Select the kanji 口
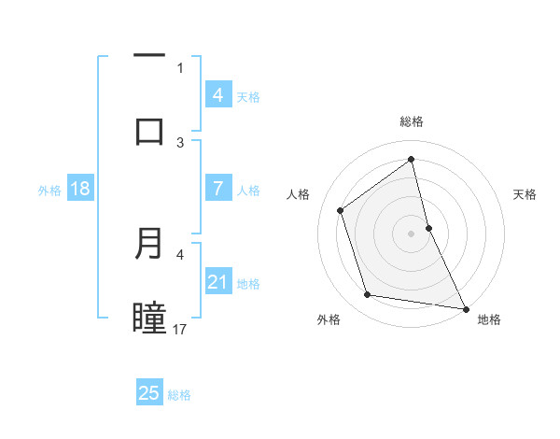[149, 131]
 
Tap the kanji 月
[149, 244]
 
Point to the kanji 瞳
[149, 318]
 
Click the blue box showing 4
[217, 94]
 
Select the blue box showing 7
[217, 189]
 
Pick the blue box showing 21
[217, 282]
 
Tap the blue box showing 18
[80, 189]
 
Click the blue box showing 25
[149, 393]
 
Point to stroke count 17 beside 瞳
[180, 329]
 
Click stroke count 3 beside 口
[180, 142]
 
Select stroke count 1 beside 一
[180, 67]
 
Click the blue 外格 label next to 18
[49, 190]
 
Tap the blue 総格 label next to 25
[179, 395]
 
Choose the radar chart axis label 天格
[525, 194]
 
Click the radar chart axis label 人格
[298, 194]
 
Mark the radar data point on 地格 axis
[465, 307]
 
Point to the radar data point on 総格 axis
[412, 159]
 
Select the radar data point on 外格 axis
[368, 295]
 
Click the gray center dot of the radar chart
[412, 233]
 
